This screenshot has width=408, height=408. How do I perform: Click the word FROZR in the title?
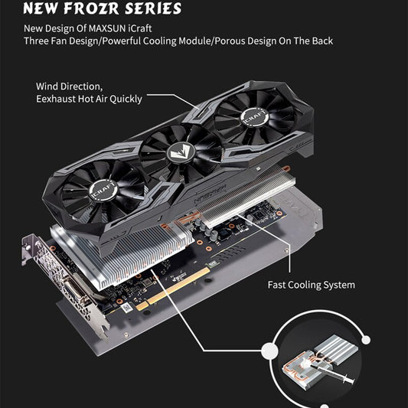92,8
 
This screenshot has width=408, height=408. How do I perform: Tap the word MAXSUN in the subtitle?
107,28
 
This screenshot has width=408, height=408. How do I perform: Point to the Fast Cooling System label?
312,285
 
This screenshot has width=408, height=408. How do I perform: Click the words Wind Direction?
69,86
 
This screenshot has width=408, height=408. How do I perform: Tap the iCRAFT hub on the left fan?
103,189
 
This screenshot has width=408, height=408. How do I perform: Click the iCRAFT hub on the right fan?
255,117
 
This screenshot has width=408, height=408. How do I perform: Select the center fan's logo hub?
179,153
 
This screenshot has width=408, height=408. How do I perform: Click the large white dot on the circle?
270,351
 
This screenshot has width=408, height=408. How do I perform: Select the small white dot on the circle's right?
366,340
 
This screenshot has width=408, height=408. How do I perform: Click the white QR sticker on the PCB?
127,307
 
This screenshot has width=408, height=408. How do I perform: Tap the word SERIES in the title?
153,8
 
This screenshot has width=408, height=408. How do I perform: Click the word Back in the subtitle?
322,41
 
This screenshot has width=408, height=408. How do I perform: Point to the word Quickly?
126,100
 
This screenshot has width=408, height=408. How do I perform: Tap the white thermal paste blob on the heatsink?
305,362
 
